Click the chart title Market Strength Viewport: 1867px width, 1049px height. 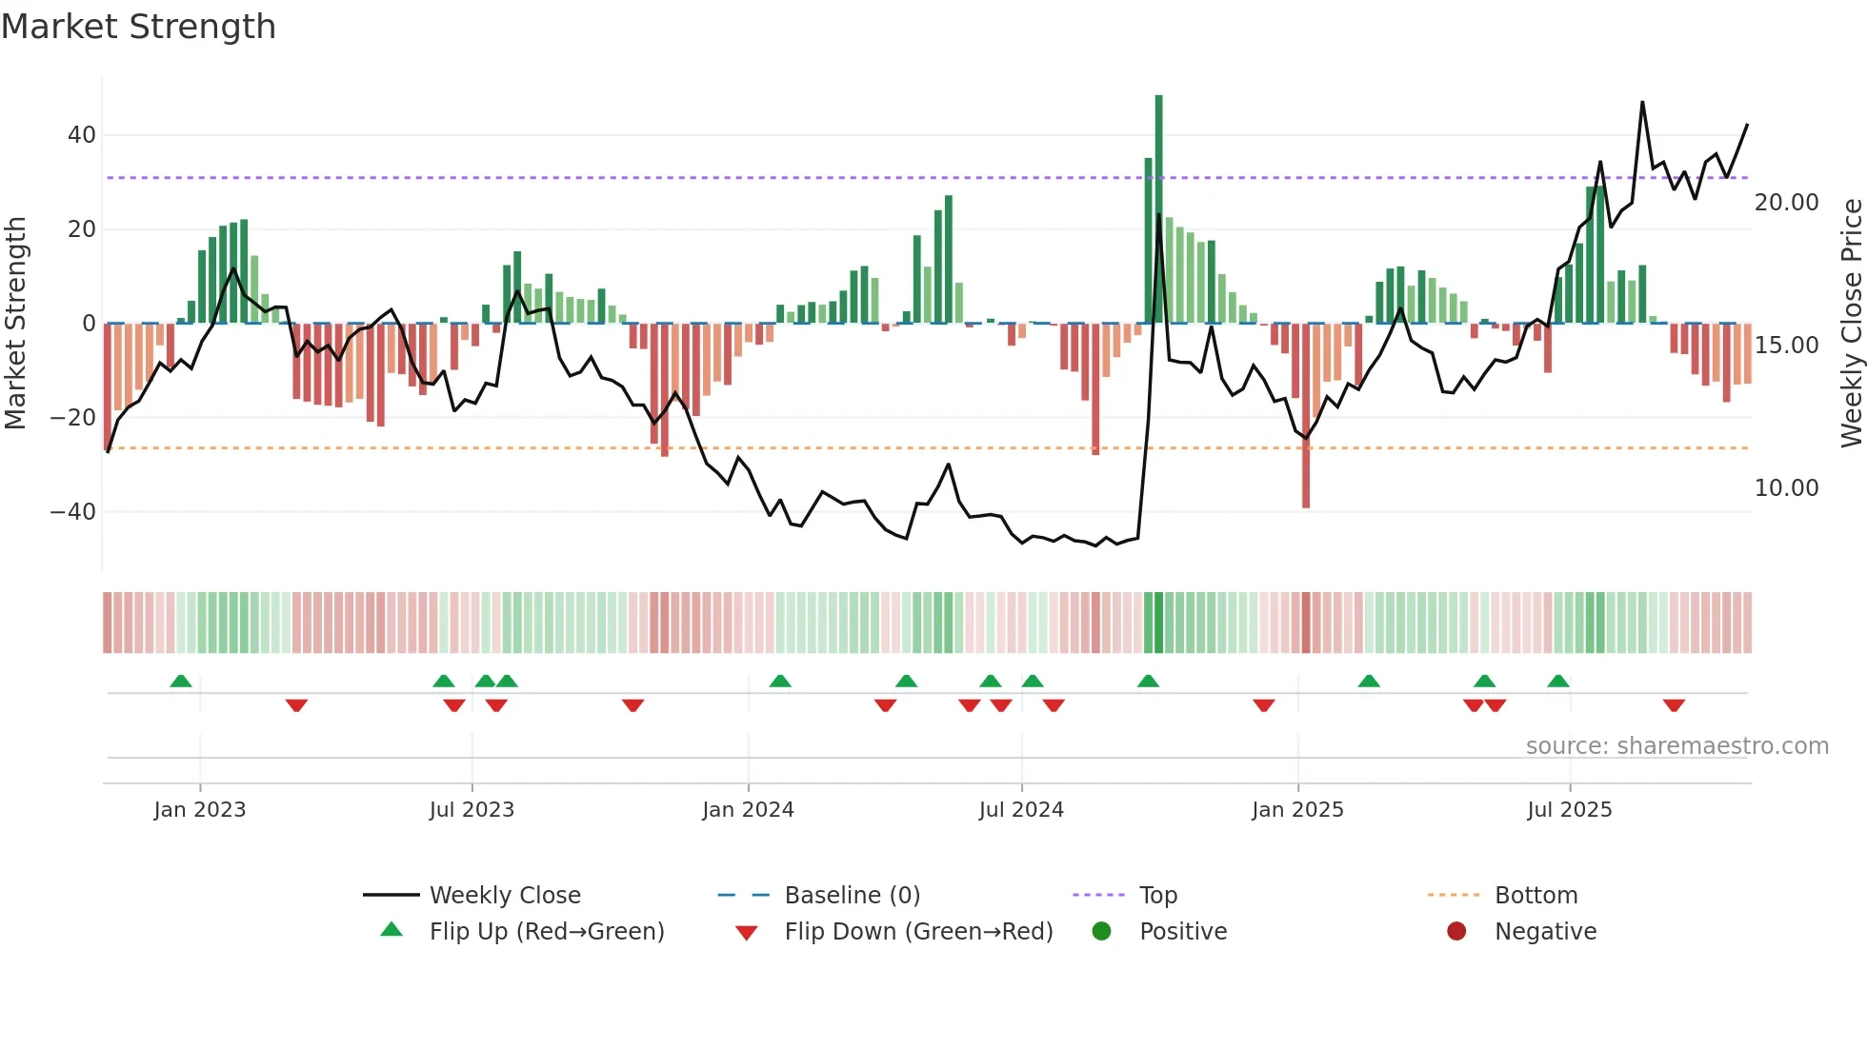(138, 27)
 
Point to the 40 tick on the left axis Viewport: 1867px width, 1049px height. (82, 135)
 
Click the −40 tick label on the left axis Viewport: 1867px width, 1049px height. (73, 512)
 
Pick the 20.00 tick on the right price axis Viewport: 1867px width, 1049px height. (1786, 203)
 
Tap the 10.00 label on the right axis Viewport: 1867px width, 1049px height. (1786, 488)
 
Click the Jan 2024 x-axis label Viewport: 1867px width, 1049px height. (748, 810)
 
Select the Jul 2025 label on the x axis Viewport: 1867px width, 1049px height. (1569, 810)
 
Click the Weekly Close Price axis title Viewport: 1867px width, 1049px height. (1851, 324)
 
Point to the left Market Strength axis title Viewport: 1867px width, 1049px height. (15, 324)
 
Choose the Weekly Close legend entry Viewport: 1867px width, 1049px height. (504, 896)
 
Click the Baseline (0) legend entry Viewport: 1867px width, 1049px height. (852, 896)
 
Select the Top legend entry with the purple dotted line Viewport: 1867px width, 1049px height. (1157, 896)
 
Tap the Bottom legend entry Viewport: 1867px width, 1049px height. (1536, 896)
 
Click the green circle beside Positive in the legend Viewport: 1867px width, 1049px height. (1102, 932)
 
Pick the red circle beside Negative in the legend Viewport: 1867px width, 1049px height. (1456, 932)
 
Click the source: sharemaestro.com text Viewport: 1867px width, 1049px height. (1676, 746)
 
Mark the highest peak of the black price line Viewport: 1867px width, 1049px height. (1642, 102)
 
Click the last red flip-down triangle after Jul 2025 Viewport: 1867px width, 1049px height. (1674, 705)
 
